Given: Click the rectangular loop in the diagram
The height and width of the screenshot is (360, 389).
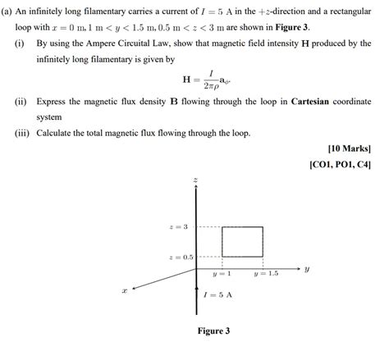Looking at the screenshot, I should coord(242,241).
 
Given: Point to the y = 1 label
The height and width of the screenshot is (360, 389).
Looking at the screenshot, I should coord(222,273).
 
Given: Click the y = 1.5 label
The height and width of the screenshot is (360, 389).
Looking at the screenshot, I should coord(266,273).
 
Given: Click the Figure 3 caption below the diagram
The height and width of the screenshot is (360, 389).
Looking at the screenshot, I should coord(213,331).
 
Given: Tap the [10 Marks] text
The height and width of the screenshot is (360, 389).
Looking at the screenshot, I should coord(349,148).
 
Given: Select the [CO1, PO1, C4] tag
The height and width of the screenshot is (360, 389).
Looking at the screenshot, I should coord(340,164).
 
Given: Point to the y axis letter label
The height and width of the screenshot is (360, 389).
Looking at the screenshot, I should coord(305,267).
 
